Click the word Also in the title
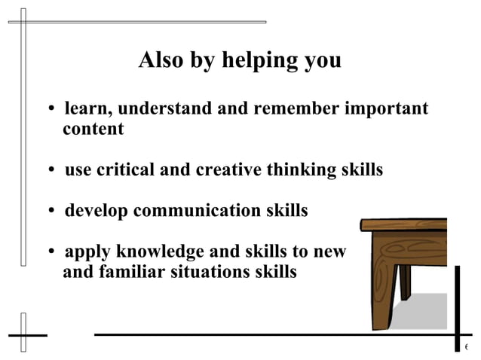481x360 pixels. [161, 60]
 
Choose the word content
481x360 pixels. [93, 129]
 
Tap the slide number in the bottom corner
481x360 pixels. [467, 347]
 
